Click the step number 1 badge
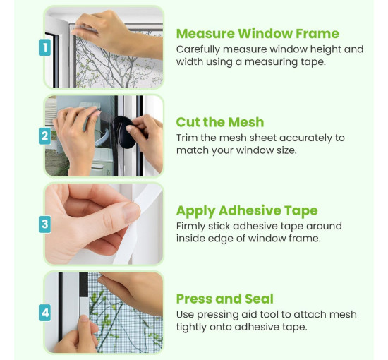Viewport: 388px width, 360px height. click(44, 47)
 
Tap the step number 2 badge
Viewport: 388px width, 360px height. click(44, 136)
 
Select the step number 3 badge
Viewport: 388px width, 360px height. click(44, 224)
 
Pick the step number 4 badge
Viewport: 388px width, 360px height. click(44, 313)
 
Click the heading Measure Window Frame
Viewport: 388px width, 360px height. click(257, 33)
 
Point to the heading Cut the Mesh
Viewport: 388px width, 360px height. click(220, 122)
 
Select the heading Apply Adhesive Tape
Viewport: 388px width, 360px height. click(247, 211)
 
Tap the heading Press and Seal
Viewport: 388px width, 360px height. click(225, 299)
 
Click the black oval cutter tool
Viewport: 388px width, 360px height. click(123, 132)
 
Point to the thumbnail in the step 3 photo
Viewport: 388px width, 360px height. click(131, 212)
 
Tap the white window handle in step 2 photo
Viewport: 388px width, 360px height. click(103, 139)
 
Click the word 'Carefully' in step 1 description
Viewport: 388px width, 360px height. click(198, 50)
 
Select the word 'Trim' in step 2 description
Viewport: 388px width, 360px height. click(187, 138)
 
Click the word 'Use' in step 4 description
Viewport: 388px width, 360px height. click(185, 315)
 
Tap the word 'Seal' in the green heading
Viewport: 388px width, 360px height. click(260, 299)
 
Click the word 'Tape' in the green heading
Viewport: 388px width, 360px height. click(301, 211)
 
